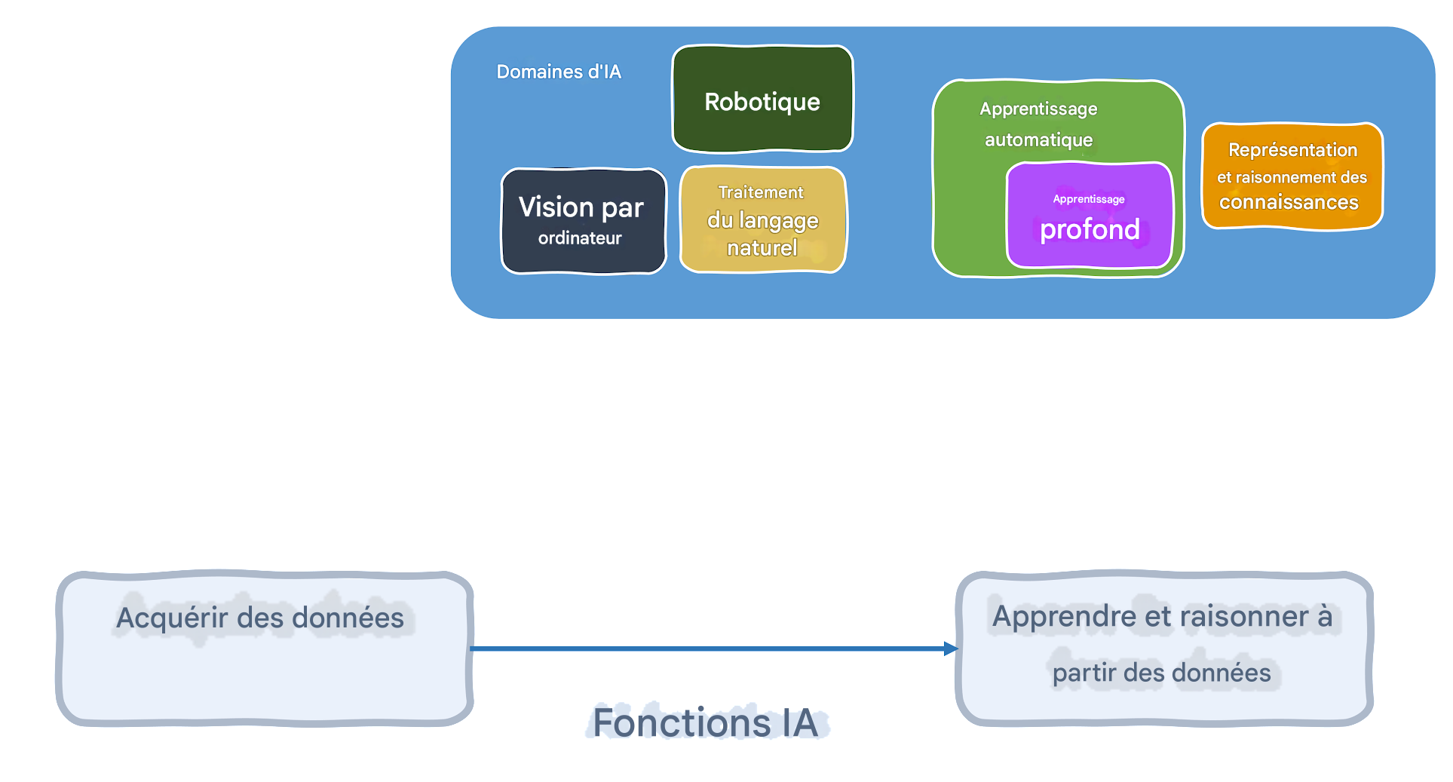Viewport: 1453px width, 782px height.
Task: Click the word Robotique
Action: (x=762, y=102)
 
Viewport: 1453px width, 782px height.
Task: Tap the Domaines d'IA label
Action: (x=559, y=72)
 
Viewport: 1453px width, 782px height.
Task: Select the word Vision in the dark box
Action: (x=556, y=207)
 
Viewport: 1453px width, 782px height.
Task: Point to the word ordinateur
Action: (x=580, y=238)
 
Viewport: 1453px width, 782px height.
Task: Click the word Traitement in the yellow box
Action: (x=760, y=192)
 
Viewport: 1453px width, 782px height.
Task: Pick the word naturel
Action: (x=762, y=247)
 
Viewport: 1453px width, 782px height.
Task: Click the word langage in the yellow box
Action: (x=778, y=221)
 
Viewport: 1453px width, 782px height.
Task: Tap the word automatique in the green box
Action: (x=1038, y=140)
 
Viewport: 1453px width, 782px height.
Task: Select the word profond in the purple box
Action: (x=1089, y=229)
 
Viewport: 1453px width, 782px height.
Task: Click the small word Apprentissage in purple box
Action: (x=1089, y=199)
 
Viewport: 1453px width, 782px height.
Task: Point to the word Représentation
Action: (x=1292, y=150)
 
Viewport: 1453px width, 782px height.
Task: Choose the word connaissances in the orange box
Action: (x=1289, y=202)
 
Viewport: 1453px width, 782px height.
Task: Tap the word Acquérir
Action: (x=172, y=618)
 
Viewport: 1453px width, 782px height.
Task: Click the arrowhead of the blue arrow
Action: (x=951, y=649)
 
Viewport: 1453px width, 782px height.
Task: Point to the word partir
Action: (x=1084, y=673)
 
